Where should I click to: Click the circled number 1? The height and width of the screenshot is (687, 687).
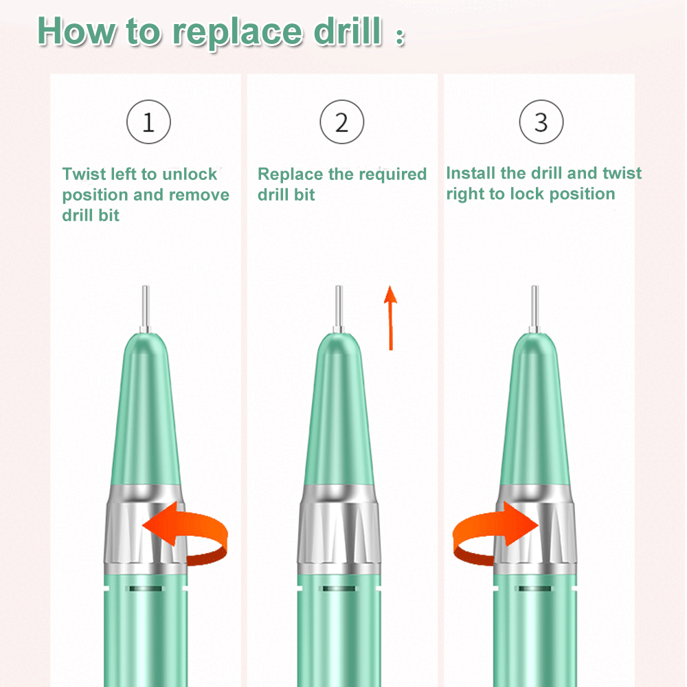pos(148,122)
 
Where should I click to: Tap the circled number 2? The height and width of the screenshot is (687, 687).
pos(341,122)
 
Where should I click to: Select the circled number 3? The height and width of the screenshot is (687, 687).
pos(541,122)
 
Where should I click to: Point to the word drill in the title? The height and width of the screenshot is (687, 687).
pos(348,31)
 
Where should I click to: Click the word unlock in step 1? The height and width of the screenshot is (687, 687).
pos(190,174)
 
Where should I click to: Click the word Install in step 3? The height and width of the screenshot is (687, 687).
pos(471,172)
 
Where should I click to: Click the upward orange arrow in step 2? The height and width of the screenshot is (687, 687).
pos(390,317)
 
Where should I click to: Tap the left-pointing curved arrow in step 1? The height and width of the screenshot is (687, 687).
pos(185,532)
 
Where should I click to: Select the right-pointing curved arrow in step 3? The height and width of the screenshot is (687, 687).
pos(495,532)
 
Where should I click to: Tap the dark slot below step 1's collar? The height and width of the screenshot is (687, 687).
pos(146,589)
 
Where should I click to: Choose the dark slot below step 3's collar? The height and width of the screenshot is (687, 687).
pos(535,589)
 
